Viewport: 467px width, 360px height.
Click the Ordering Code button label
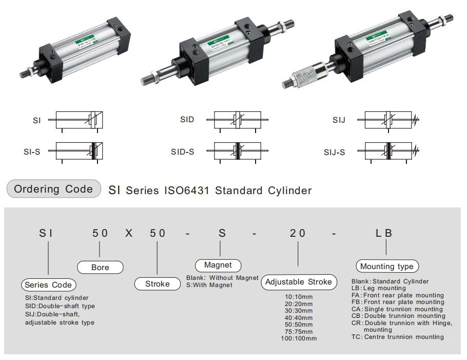coord(53,189)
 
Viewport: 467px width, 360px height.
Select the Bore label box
coord(100,267)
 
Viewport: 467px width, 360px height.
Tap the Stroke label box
coord(157,283)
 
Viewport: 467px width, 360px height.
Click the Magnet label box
coord(218,266)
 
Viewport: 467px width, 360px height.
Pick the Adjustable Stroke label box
coord(298,282)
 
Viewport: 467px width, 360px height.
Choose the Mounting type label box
coord(386,267)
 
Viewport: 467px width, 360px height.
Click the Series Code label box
coord(49,285)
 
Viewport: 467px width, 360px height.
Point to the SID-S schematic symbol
coord(237,151)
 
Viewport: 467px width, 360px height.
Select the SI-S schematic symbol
coord(80,151)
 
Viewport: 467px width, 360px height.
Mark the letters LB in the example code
coord(384,233)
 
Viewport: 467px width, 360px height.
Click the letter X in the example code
coord(129,233)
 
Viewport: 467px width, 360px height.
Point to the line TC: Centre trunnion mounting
coord(397,337)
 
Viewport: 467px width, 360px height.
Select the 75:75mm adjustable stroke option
coord(298,331)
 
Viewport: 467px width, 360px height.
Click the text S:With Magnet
coord(209,285)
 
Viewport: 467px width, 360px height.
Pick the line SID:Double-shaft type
coord(60,306)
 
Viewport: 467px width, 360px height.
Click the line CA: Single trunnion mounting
coord(397,309)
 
